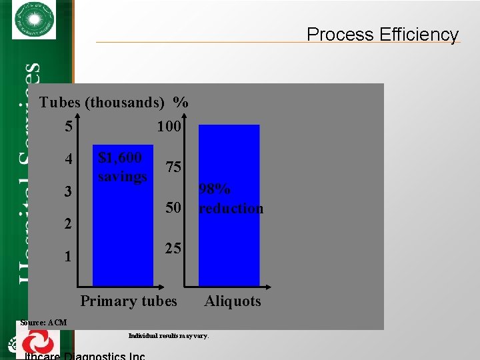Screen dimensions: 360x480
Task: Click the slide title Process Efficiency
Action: pyautogui.click(x=383, y=35)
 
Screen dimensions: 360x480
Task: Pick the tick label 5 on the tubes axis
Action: pyautogui.click(x=69, y=125)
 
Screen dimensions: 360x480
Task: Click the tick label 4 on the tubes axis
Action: pyautogui.click(x=69, y=160)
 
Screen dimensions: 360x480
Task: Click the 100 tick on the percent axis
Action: pyautogui.click(x=169, y=125)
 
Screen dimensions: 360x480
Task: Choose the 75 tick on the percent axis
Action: pyautogui.click(x=173, y=167)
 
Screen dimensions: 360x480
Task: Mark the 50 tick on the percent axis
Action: pyautogui.click(x=173, y=208)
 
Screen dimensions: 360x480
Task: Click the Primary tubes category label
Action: pyautogui.click(x=129, y=301)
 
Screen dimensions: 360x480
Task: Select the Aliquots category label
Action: pyautogui.click(x=233, y=301)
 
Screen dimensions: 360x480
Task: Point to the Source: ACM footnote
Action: pyautogui.click(x=43, y=323)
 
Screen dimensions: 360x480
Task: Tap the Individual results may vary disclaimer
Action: pyautogui.click(x=168, y=335)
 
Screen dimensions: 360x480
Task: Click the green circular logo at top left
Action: pyautogui.click(x=34, y=20)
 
